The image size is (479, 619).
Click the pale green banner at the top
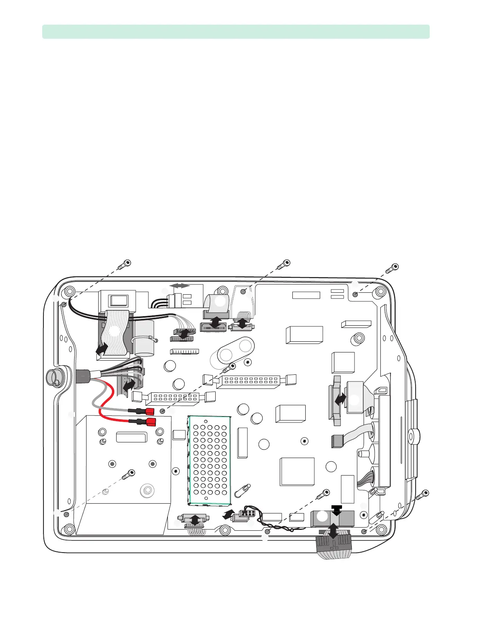click(236, 32)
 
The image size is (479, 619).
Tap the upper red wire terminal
click(149, 411)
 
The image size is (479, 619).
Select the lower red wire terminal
click(151, 422)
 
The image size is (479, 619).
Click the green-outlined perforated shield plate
click(209, 460)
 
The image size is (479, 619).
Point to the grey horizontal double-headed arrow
click(180, 286)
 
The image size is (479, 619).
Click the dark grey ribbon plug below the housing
click(333, 545)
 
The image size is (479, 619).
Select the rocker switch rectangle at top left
click(117, 301)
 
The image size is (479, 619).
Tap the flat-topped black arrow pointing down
click(337, 510)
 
